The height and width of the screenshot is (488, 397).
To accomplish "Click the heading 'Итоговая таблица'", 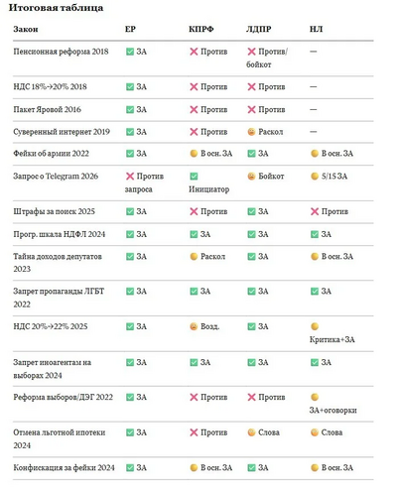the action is click(56, 8).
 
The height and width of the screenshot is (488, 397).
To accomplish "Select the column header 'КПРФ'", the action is click(201, 29).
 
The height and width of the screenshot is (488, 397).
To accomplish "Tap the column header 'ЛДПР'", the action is click(258, 29).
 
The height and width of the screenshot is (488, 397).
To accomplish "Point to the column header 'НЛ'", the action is click(316, 29).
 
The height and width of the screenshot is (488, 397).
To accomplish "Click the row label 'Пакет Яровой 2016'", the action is click(47, 109).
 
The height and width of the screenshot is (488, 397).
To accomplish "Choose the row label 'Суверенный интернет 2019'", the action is click(62, 132).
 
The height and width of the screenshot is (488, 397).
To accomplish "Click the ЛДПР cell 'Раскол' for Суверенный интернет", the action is click(265, 132).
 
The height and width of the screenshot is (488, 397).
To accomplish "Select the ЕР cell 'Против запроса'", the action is click(144, 183).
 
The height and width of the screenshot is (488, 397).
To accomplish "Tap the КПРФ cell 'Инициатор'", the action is click(209, 183).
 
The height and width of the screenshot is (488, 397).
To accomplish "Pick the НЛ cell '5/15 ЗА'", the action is click(330, 177).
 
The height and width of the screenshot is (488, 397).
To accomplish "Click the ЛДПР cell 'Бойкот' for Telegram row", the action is click(266, 177).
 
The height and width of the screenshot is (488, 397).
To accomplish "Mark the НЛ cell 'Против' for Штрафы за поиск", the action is click(330, 211).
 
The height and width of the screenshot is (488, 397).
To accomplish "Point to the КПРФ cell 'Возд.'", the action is click(204, 326).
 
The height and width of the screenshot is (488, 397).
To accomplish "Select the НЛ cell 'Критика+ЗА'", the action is click(332, 333).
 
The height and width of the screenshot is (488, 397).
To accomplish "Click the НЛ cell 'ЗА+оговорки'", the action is click(333, 404).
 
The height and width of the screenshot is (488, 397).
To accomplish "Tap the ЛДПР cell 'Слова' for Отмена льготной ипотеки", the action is click(263, 432).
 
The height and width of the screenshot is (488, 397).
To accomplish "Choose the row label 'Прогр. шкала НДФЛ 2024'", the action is click(60, 234).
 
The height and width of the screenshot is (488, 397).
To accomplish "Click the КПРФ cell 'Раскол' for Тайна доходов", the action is click(207, 257).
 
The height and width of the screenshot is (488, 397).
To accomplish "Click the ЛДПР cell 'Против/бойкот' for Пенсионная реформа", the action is click(267, 58).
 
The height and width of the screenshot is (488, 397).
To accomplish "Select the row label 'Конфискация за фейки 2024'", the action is click(64, 468).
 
